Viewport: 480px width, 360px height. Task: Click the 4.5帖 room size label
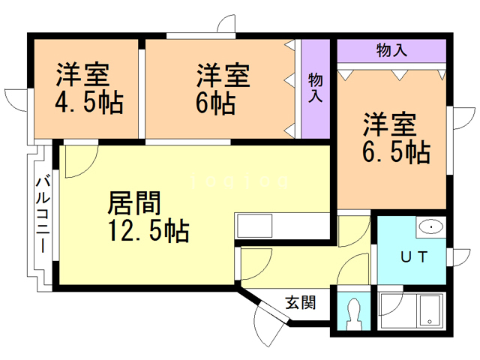(88, 102)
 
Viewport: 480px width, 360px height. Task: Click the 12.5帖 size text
(148, 229)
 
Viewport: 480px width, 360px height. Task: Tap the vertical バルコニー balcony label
(43, 214)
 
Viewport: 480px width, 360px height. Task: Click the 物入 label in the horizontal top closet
(391, 51)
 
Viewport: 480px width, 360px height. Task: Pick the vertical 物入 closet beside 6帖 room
(315, 88)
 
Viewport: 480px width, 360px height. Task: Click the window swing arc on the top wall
(225, 25)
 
